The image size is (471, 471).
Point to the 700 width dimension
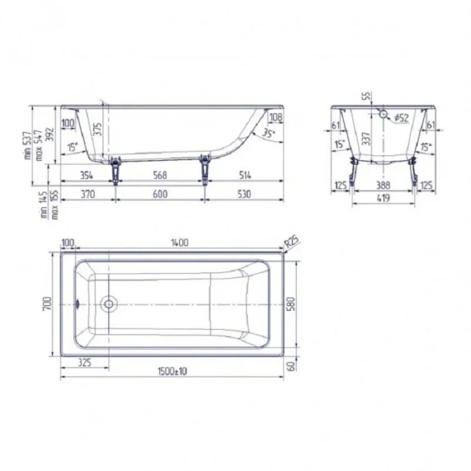tap(48, 301)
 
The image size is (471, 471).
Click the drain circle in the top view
tap(109, 302)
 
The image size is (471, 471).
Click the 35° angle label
tap(269, 134)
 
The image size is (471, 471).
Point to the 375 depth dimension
tap(99, 130)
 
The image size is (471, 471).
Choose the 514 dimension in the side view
tap(244, 175)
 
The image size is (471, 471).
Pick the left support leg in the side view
tap(117, 170)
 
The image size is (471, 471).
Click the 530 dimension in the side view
tap(245, 193)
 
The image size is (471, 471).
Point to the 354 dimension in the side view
tap(86, 175)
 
